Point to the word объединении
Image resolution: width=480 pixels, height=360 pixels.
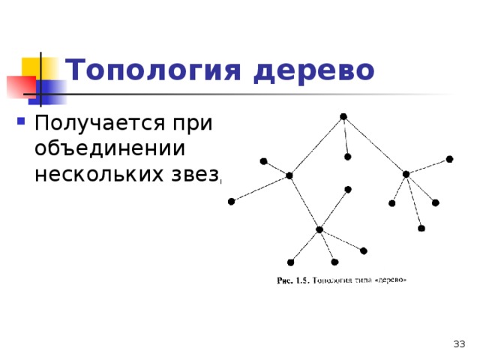(x=109, y=147)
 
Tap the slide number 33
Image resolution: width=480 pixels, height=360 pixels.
(x=459, y=343)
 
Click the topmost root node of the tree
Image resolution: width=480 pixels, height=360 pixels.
(x=343, y=116)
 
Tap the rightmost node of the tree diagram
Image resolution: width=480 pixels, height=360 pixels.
(x=449, y=159)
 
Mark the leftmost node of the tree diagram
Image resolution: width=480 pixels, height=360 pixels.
(x=231, y=201)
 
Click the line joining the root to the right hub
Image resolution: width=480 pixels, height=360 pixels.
(x=373, y=145)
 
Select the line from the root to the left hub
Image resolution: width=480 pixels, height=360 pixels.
(x=316, y=145)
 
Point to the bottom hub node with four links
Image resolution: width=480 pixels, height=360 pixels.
(x=319, y=229)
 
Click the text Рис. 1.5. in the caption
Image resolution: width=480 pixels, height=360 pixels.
(x=293, y=281)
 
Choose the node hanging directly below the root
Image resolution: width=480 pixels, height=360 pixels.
(x=347, y=157)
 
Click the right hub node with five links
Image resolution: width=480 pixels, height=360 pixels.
(x=405, y=174)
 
